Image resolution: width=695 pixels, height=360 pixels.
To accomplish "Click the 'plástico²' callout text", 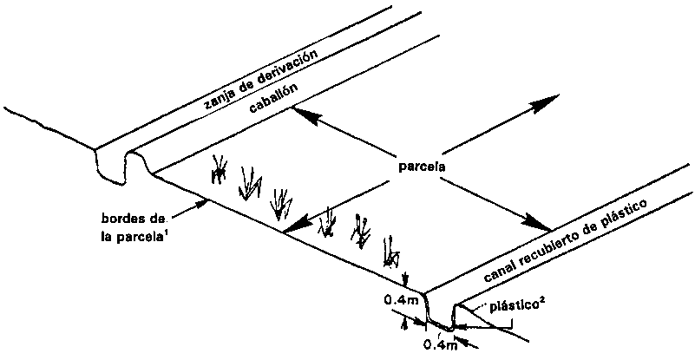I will [x=521, y=305].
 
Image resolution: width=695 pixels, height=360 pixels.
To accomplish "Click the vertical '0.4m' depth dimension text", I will [x=402, y=300].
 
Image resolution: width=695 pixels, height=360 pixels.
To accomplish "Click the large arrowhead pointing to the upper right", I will [x=544, y=102].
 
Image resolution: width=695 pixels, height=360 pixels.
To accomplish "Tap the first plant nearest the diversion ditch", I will [x=220, y=170].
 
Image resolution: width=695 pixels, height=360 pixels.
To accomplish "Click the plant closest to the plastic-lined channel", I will [x=393, y=252].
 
